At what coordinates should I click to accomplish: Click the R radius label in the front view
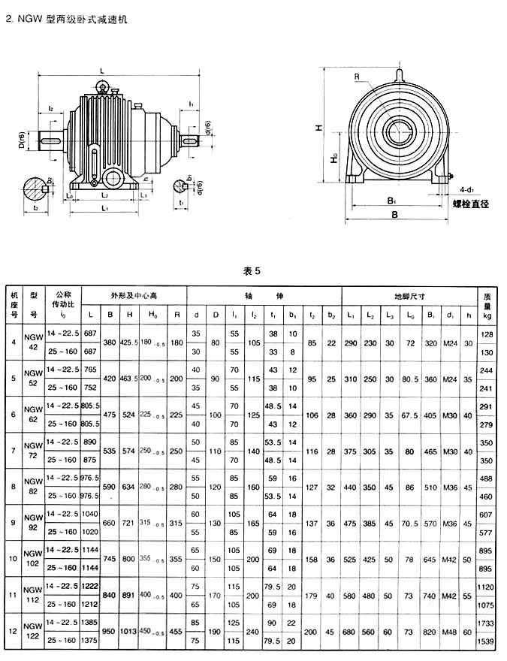[x=358, y=76]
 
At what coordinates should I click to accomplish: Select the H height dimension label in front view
[x=318, y=128]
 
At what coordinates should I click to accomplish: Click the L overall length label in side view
[x=102, y=71]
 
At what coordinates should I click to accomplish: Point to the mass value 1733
[x=487, y=623]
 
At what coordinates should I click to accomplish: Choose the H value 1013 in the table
[x=130, y=631]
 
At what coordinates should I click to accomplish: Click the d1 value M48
[x=450, y=631]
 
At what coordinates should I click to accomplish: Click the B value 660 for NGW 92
[x=110, y=523]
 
